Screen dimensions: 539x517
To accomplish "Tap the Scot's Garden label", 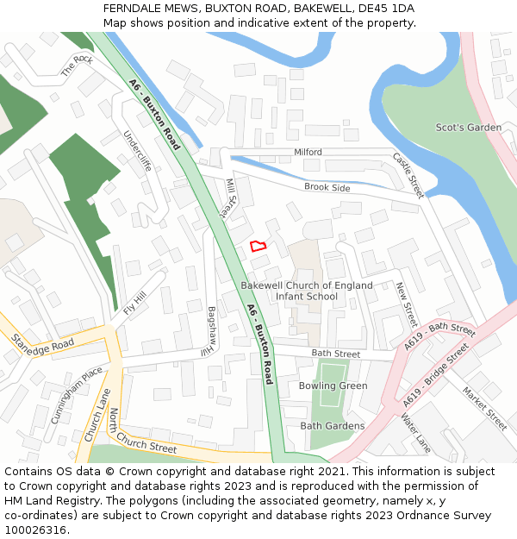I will (x=468, y=128).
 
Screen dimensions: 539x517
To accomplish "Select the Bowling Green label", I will (x=333, y=385).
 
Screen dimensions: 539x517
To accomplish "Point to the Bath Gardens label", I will (x=332, y=426).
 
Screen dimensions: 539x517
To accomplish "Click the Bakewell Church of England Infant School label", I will (x=307, y=291).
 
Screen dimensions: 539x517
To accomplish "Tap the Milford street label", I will (x=308, y=152).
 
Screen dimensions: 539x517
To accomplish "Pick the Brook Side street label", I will (x=327, y=187).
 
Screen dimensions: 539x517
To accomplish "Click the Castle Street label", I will (x=408, y=175).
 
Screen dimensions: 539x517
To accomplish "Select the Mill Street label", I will (x=231, y=197).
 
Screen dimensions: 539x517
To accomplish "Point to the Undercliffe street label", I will (x=137, y=151).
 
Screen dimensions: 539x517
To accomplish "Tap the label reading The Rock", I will (x=77, y=66).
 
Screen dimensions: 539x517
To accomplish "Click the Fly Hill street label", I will (x=135, y=304).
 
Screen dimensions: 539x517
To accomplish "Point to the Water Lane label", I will (x=415, y=433).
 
